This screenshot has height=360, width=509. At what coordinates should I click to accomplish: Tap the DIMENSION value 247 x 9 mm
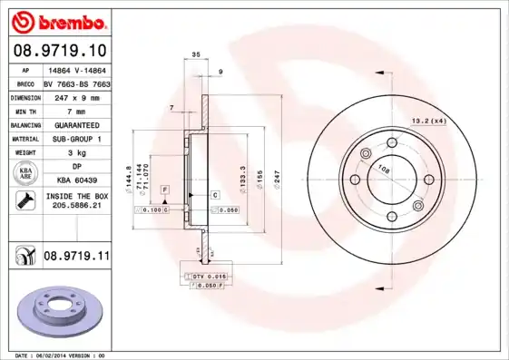(x=76, y=95)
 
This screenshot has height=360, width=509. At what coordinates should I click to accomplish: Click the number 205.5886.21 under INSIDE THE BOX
(x=76, y=206)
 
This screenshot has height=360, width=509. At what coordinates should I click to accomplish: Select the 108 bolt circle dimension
(x=384, y=170)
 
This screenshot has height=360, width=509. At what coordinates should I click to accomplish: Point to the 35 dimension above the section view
(x=196, y=55)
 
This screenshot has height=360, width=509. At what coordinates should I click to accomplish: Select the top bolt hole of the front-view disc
(x=392, y=142)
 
